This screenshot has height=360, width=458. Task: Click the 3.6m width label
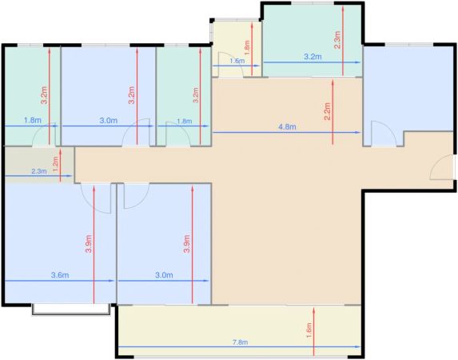point(60,275)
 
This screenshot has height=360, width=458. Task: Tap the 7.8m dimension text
point(241,342)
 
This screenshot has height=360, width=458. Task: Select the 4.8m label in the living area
point(287,127)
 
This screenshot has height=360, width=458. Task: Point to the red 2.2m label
point(327,111)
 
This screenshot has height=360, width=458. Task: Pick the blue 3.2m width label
point(313,57)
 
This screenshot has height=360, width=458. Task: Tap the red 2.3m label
point(337,40)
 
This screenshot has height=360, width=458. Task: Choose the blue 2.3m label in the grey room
point(39,171)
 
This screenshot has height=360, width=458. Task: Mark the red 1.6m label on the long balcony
point(309,330)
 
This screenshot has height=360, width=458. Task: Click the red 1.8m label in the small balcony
point(247,48)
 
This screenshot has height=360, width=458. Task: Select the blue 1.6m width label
point(237,61)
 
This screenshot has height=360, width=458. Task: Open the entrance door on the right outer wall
point(443,167)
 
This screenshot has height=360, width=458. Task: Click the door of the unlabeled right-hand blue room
point(384,134)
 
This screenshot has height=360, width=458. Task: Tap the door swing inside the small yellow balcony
point(230,65)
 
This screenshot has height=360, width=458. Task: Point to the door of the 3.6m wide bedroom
point(96,198)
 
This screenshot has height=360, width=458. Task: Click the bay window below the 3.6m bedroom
point(71,310)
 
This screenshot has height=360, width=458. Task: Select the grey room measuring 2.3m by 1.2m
point(39,165)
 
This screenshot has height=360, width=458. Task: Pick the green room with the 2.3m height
point(313,41)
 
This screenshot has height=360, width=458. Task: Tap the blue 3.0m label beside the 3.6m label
point(164,275)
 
